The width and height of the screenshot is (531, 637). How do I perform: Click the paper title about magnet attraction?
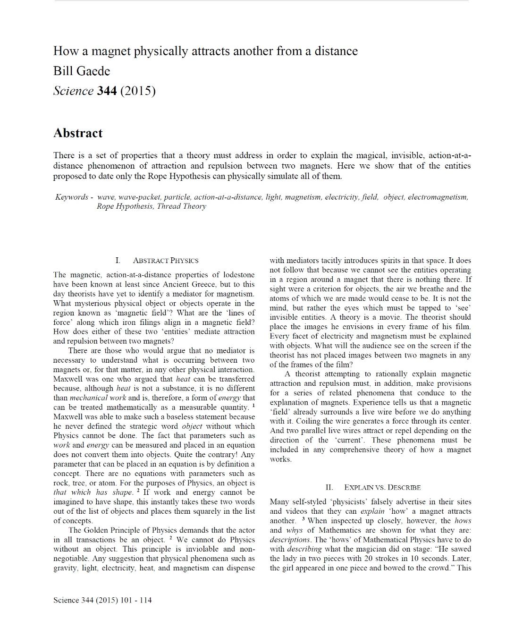point(205,51)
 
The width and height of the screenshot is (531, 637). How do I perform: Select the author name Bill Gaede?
point(81,71)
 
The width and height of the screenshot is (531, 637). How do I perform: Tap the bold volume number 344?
point(107,91)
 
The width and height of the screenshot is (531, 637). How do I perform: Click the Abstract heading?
point(78,133)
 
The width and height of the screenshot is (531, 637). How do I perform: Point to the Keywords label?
point(72,197)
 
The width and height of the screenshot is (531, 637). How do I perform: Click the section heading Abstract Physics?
point(165,261)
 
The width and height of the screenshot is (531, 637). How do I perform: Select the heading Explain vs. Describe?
point(382,487)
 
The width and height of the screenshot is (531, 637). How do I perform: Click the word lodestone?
point(238,275)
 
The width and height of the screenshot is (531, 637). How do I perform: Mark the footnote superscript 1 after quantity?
point(253,405)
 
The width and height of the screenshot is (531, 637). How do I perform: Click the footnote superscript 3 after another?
point(303,518)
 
